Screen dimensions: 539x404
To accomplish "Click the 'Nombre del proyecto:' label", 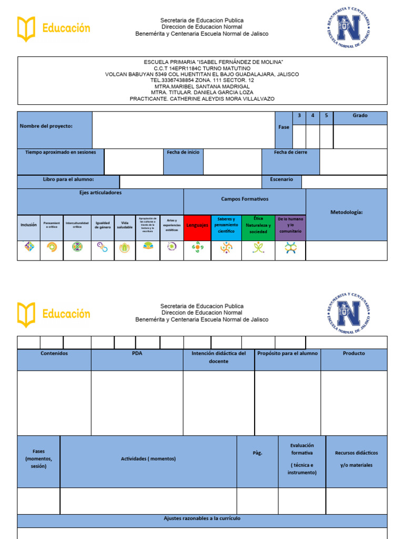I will (x=46, y=126).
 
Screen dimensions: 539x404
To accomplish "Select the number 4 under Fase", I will (x=312, y=116).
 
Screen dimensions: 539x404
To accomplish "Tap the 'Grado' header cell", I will (x=360, y=116).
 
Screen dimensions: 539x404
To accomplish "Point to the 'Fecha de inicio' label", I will (x=183, y=153).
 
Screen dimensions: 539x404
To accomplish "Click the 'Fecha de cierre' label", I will (x=290, y=153).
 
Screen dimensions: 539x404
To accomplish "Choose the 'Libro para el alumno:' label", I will (x=68, y=179).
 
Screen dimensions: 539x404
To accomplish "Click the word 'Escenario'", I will (x=281, y=179).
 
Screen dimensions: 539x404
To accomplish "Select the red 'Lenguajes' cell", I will (x=197, y=225).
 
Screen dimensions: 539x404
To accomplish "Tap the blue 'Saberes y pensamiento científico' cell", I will (x=226, y=225).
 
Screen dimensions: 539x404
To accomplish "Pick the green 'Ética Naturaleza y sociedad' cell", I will (x=258, y=225).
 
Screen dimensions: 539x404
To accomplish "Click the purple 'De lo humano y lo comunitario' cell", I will (x=290, y=225).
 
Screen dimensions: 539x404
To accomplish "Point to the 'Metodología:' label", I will (x=347, y=213).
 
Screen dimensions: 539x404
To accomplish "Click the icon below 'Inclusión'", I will (x=29, y=247).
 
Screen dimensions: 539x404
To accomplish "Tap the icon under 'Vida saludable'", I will (x=125, y=247).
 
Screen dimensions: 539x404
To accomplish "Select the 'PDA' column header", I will (x=137, y=354).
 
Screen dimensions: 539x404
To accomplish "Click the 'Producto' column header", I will (x=353, y=354).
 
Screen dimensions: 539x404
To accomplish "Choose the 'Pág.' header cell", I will (x=257, y=453).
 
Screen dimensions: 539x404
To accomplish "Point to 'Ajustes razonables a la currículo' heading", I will (x=202, y=519).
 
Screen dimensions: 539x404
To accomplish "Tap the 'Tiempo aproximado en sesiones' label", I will (x=60, y=153).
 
